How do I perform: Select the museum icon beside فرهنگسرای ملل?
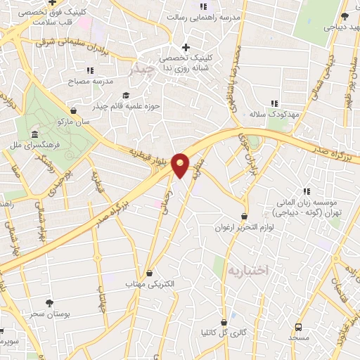[x=34, y=134]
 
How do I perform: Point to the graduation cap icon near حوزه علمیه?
[x=126, y=96]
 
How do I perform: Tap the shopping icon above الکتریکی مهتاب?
[x=149, y=273]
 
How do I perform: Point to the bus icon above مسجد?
[x=299, y=327]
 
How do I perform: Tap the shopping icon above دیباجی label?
[x=344, y=17]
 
